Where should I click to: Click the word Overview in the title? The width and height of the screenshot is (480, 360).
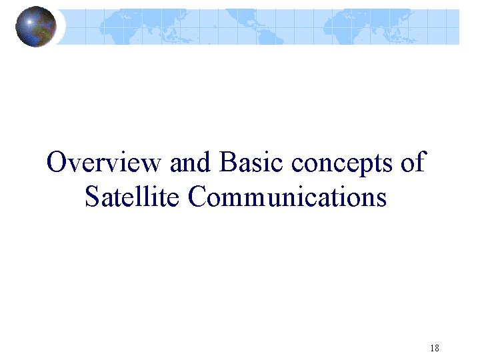(x=104, y=163)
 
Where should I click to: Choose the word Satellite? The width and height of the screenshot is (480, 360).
(x=133, y=197)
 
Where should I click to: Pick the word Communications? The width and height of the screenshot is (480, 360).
(x=287, y=197)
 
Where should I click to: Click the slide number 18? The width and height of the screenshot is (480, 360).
(x=435, y=348)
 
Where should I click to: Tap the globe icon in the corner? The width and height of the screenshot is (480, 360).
(x=36, y=27)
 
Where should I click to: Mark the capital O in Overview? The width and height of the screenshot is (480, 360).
(x=57, y=163)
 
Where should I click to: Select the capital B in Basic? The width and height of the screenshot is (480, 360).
(x=227, y=163)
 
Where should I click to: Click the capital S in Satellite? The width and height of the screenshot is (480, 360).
(x=92, y=197)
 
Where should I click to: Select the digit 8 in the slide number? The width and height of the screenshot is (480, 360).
(x=437, y=348)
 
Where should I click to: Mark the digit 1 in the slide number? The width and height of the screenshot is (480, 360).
(x=432, y=348)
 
